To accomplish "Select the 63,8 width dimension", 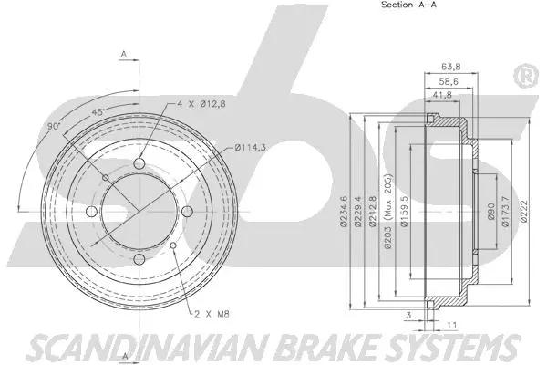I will (449, 66).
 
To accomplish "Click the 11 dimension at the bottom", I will (452, 324).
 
